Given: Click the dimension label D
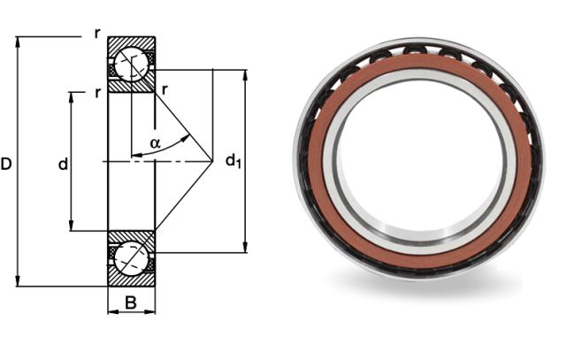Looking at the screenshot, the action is pyautogui.click(x=6, y=164).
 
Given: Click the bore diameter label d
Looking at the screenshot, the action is pyautogui.click(x=63, y=164).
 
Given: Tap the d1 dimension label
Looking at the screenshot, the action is pyautogui.click(x=234, y=161).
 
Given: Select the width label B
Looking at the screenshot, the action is pyautogui.click(x=131, y=303).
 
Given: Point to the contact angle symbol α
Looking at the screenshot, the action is pyautogui.click(x=156, y=143).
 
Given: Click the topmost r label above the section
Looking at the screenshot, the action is pyautogui.click(x=96, y=34).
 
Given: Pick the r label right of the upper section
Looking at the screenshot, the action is pyautogui.click(x=165, y=89).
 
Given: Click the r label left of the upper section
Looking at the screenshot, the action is pyautogui.click(x=97, y=93).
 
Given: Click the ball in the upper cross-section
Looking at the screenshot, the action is pyautogui.click(x=131, y=65).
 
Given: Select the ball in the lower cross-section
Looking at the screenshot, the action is pyautogui.click(x=131, y=258).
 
